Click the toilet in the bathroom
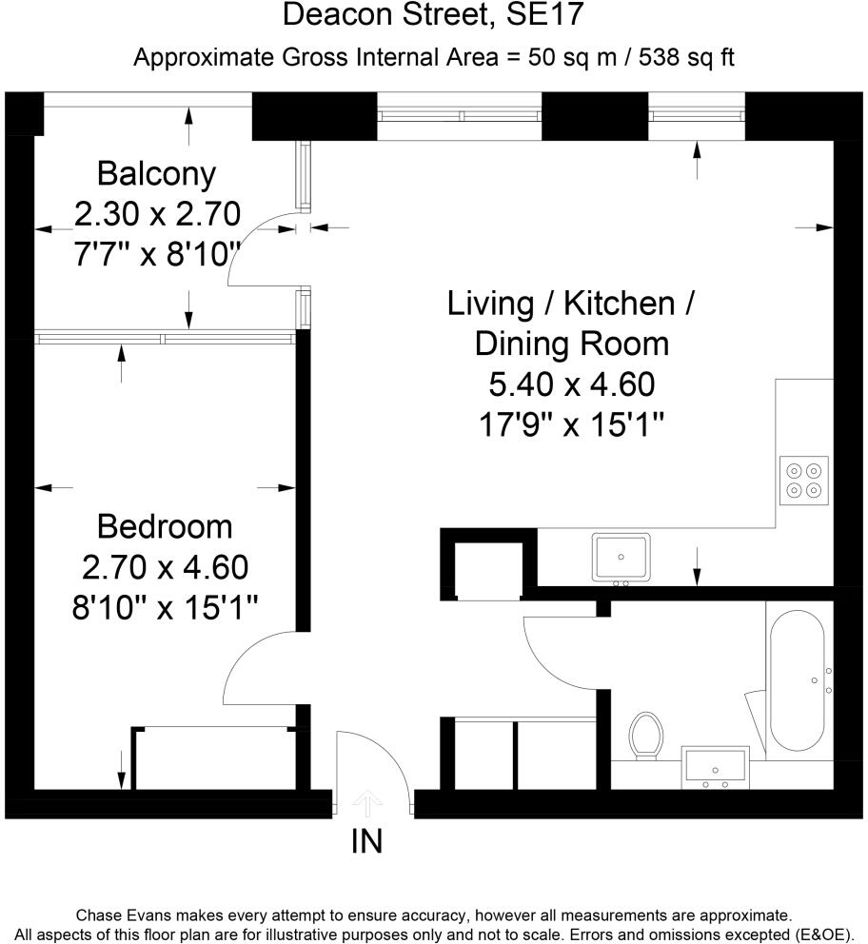(x=646, y=736)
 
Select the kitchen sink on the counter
(x=621, y=557)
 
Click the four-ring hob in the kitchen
(x=804, y=479)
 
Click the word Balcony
(x=157, y=174)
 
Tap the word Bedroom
(x=165, y=525)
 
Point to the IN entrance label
(x=367, y=841)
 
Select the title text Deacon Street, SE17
(x=433, y=16)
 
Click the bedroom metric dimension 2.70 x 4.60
(x=165, y=567)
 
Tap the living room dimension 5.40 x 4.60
(x=571, y=384)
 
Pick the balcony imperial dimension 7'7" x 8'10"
(x=157, y=255)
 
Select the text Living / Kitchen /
(x=571, y=304)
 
